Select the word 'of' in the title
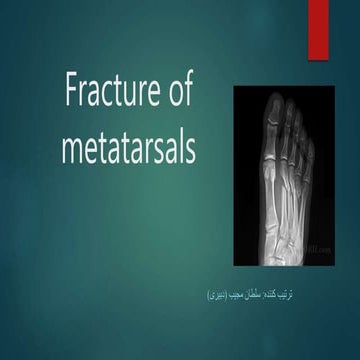click(x=175, y=94)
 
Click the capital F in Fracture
click(x=72, y=94)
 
